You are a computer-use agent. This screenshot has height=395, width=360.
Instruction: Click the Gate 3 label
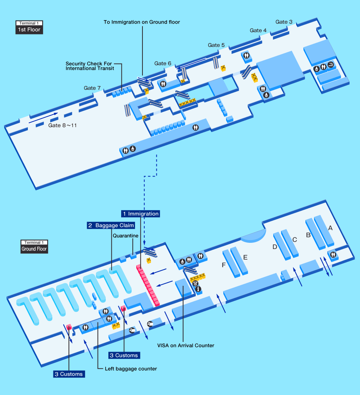pyautogui.click(x=284, y=22)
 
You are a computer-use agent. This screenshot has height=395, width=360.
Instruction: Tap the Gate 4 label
pyautogui.click(x=258, y=31)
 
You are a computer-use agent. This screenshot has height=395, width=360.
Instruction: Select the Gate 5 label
pyautogui.click(x=216, y=45)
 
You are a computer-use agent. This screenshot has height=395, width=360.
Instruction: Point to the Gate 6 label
pyautogui.click(x=163, y=64)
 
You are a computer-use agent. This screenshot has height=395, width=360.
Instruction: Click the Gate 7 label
pyautogui.click(x=92, y=88)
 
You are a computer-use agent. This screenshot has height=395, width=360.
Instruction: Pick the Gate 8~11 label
pyautogui.click(x=62, y=125)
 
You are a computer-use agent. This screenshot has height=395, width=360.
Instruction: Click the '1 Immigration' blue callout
pyautogui.click(x=141, y=214)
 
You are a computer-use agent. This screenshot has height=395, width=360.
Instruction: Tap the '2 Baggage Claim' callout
pyautogui.click(x=111, y=225)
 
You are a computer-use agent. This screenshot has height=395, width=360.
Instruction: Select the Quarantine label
pyautogui.click(x=126, y=236)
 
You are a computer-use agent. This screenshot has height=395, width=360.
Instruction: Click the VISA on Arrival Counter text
pyautogui.click(x=186, y=345)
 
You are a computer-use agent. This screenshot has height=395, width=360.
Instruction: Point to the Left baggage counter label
pyautogui.click(x=131, y=369)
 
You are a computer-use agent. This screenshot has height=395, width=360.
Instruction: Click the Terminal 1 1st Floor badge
pyautogui.click(x=29, y=27)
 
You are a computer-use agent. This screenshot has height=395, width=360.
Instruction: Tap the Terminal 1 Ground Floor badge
pyautogui.click(x=34, y=247)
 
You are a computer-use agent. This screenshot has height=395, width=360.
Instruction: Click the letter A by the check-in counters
pyautogui.click(x=330, y=228)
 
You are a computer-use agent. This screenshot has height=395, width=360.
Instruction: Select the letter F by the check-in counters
pyautogui.click(x=224, y=265)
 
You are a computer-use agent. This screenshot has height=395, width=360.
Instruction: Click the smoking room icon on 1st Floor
pyautogui.click(x=331, y=65)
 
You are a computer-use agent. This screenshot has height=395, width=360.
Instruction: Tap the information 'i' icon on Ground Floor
pyautogui.click(x=199, y=289)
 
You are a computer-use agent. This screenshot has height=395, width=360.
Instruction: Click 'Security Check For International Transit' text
pyautogui.click(x=90, y=66)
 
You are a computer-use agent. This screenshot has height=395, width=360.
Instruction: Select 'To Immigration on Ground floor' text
pyautogui.click(x=142, y=22)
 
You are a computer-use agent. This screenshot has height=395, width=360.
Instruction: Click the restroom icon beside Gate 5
pyautogui.click(x=247, y=55)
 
